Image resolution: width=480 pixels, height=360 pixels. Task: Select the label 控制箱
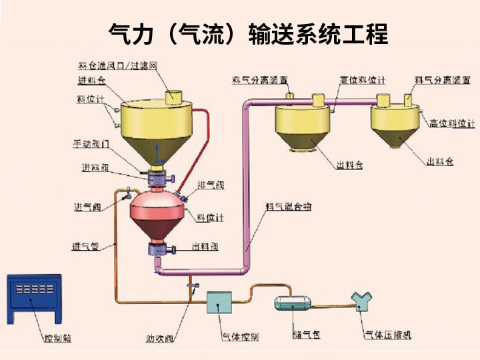click(56, 338)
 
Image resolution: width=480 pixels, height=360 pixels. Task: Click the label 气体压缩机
click(387, 335)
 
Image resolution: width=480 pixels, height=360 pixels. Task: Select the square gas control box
click(219, 303)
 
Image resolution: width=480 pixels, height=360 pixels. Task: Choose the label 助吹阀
click(160, 338)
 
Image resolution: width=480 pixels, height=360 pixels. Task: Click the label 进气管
click(85, 247)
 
